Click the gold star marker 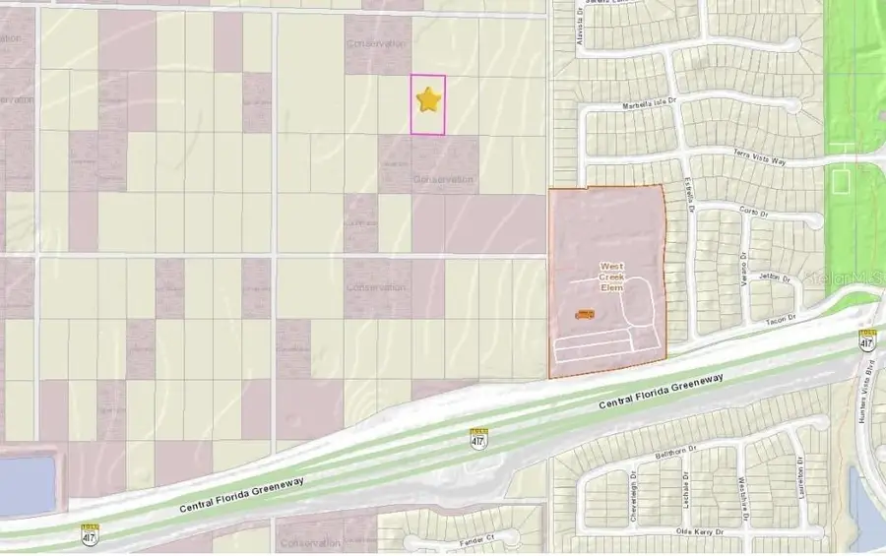pos(427,99)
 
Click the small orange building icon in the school pos(584,315)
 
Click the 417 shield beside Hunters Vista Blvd pos(866,342)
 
